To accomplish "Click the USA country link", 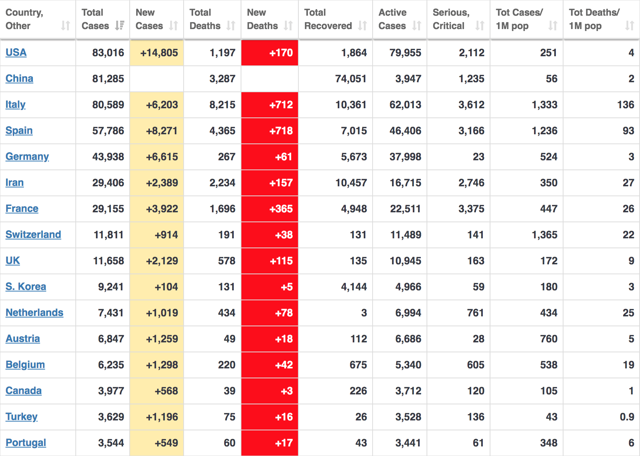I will pyautogui.click(x=16, y=52).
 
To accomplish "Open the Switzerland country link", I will pyautogui.click(x=33, y=235).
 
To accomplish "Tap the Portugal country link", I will pyautogui.click(x=26, y=443).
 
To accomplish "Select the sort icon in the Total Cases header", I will pyautogui.click(x=119, y=26).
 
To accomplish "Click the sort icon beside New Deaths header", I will pyautogui.click(x=288, y=26).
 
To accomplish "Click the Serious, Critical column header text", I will pyautogui.click(x=451, y=19).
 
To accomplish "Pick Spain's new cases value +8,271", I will pyautogui.click(x=162, y=131).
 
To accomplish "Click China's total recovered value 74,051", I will pyautogui.click(x=350, y=79).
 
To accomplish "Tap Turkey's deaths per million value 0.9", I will pyautogui.click(x=627, y=417).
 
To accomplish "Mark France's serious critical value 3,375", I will pyautogui.click(x=471, y=209).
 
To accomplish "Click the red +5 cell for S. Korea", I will pyautogui.click(x=287, y=287).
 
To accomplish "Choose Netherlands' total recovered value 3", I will pyautogui.click(x=364, y=313).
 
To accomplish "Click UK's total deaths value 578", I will pyautogui.click(x=226, y=261).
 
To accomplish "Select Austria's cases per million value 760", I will pyautogui.click(x=549, y=339).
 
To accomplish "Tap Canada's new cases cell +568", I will pyautogui.click(x=166, y=391).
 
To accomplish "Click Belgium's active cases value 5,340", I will pyautogui.click(x=408, y=365).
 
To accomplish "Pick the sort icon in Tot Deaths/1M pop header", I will pyautogui.click(x=629, y=26).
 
